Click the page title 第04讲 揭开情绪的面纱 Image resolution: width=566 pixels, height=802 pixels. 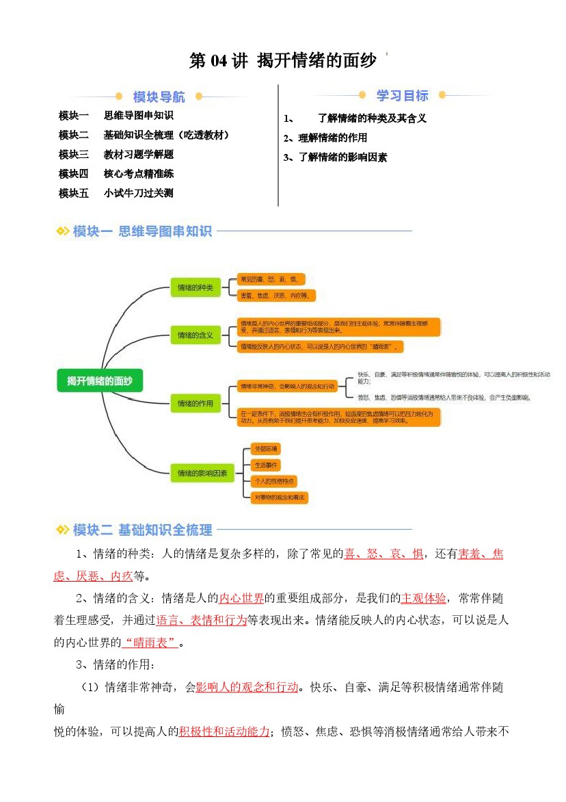[x=282, y=61]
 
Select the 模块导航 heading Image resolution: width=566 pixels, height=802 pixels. [x=159, y=97]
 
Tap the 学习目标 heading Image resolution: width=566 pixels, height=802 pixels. [x=403, y=96]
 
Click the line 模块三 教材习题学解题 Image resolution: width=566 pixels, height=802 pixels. [x=116, y=155]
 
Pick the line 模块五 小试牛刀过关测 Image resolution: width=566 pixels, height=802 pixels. [x=116, y=193]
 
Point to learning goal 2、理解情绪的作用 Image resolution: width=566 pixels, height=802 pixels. [x=325, y=138]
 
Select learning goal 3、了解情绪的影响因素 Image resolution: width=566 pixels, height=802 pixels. [x=335, y=157]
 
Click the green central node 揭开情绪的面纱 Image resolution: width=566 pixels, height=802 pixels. [x=100, y=380]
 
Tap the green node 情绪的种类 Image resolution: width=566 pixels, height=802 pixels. [x=195, y=288]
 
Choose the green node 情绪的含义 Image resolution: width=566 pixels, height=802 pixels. [x=195, y=335]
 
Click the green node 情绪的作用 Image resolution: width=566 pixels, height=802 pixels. [x=195, y=404]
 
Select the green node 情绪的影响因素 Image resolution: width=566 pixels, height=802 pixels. [x=202, y=473]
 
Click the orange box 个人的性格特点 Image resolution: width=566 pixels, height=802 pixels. [x=273, y=482]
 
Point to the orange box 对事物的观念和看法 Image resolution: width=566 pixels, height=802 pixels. [x=279, y=497]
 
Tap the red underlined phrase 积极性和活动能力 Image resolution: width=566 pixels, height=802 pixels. [x=224, y=732]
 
